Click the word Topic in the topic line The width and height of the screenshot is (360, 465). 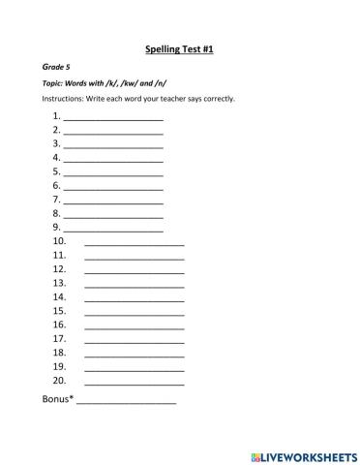(54, 83)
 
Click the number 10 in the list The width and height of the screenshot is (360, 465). (59, 241)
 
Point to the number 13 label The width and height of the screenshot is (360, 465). (59, 283)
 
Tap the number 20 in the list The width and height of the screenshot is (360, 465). (59, 381)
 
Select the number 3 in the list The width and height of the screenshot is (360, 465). (57, 142)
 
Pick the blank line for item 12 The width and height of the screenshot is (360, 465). (134, 271)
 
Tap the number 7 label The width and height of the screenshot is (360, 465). (57, 199)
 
